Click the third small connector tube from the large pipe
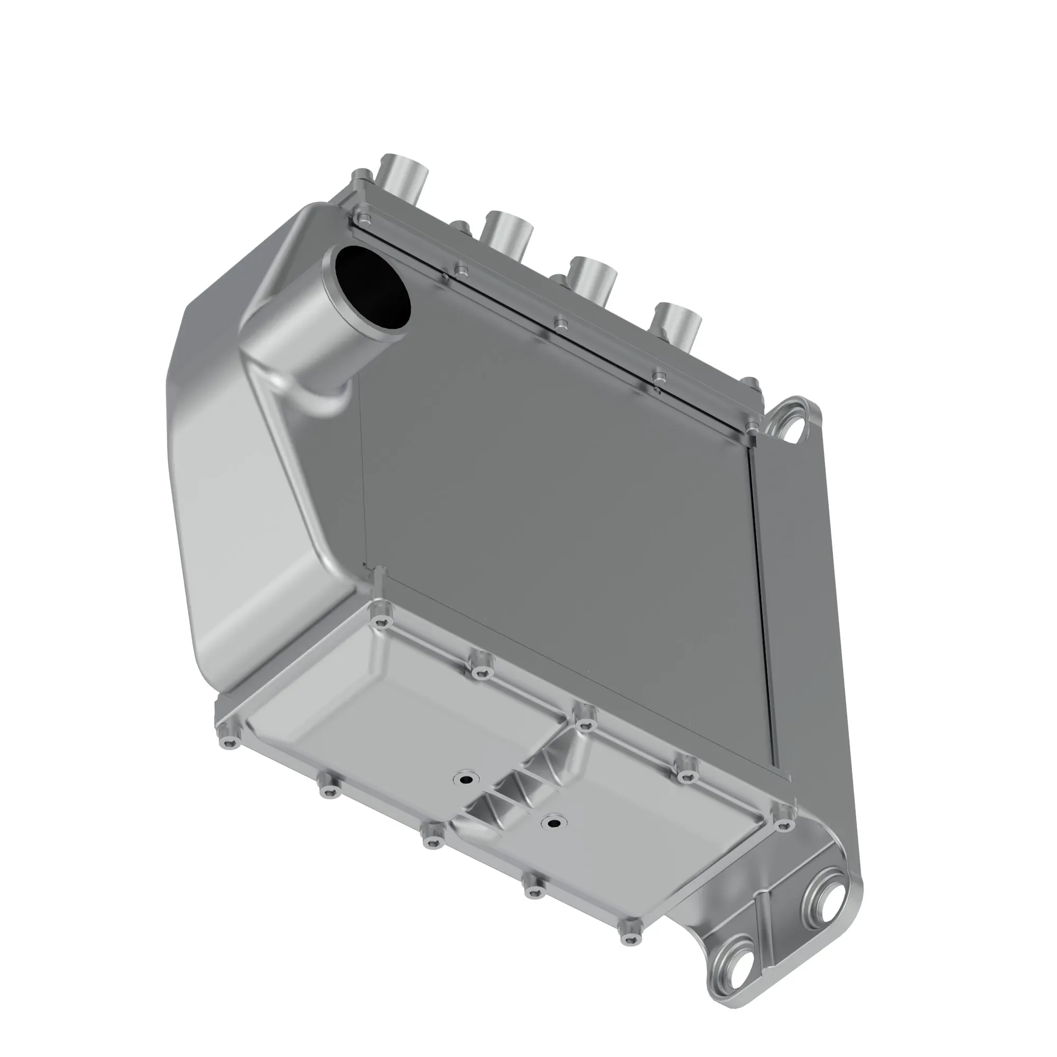(593, 279)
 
